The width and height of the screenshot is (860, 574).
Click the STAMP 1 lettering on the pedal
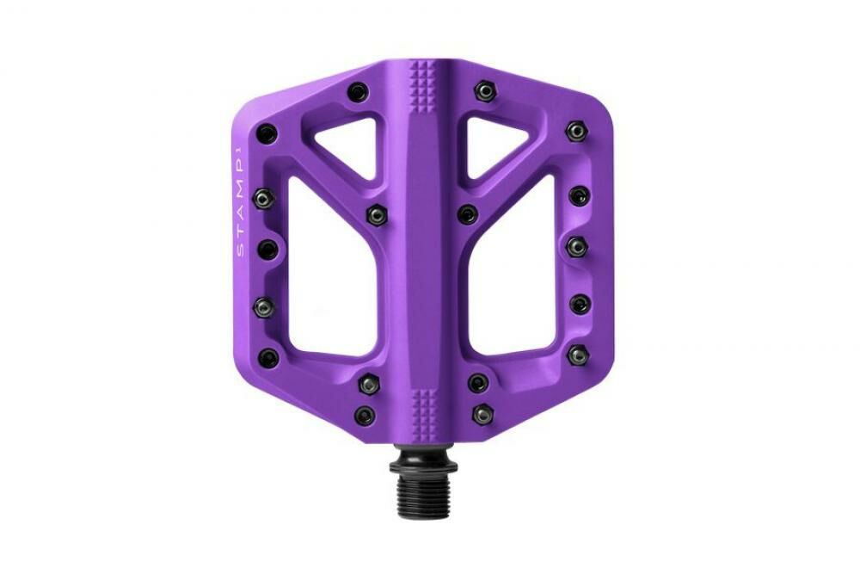(242, 204)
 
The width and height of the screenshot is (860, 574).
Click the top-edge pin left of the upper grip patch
(356, 91)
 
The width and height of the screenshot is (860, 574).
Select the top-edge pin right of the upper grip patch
(485, 89)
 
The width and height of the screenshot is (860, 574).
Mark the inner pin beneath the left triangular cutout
(375, 213)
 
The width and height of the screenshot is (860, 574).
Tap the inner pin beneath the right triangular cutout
(467, 213)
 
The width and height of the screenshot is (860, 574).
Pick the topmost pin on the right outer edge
(575, 131)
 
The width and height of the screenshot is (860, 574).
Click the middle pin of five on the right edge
(575, 247)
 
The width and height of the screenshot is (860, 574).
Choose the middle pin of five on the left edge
(268, 250)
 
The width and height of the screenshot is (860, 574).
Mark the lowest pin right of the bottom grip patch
(478, 412)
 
